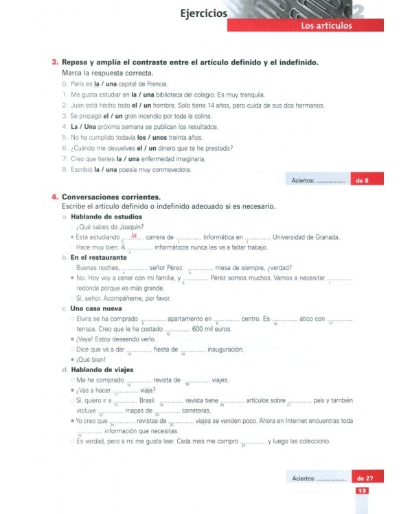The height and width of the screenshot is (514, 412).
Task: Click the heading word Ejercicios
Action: (x=203, y=12)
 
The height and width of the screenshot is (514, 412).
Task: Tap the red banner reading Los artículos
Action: (x=326, y=26)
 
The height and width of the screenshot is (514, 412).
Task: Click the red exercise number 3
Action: (x=55, y=62)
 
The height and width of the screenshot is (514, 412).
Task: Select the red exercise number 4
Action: (x=55, y=196)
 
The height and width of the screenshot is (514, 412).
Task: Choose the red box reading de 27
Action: (x=365, y=477)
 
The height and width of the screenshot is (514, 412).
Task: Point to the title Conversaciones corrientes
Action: (x=111, y=196)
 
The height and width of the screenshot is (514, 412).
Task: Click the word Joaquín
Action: (x=138, y=227)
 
